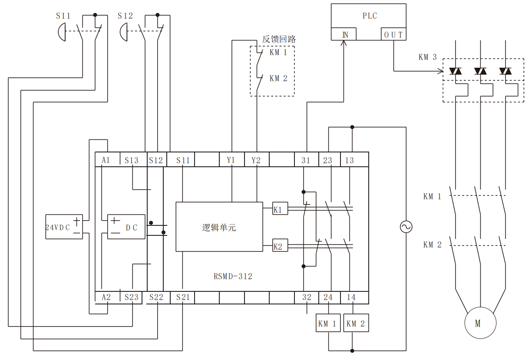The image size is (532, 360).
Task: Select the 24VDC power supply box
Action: [64, 227]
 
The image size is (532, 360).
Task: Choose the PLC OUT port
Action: [393, 35]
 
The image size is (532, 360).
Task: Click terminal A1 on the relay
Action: [106, 160]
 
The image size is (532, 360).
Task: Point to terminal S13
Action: [131, 160]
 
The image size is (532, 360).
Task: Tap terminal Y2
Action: [256, 160]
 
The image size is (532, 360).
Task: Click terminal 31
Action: [306, 160]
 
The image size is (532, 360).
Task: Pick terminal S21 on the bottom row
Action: [183, 297]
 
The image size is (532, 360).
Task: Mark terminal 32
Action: [307, 297]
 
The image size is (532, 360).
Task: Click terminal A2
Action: [106, 297]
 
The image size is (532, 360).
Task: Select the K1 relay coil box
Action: [278, 209]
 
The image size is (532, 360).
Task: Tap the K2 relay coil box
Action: [278, 246]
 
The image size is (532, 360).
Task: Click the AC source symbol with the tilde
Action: [406, 227]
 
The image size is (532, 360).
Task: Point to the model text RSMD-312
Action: [233, 276]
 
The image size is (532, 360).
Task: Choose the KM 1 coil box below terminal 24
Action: [328, 323]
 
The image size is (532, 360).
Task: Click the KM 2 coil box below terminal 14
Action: [356, 323]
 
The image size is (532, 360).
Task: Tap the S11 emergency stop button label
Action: [63, 16]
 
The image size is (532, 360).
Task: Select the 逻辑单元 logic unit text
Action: [219, 227]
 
